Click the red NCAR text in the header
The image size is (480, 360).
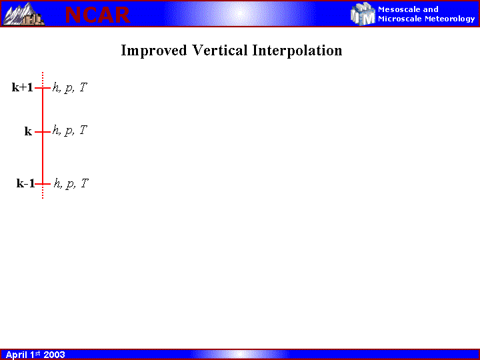[x=97, y=15]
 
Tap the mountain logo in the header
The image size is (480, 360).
[x=23, y=14]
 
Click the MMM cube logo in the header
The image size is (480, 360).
[x=363, y=14]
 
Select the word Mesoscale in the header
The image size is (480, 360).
[x=399, y=9]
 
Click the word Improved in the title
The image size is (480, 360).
[x=154, y=51]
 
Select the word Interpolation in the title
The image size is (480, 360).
[x=297, y=51]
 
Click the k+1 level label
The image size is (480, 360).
[x=23, y=87]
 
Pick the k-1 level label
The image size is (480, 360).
[x=26, y=183]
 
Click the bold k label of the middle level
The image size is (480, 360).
[x=28, y=131]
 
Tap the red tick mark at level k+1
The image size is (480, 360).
[x=43, y=88]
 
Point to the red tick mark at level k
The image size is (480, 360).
[x=43, y=132]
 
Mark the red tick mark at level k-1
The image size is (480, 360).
[x=43, y=184]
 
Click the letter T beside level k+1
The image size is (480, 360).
[x=83, y=87]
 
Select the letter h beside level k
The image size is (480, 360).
[x=55, y=131]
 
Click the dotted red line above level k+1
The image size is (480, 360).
[x=43, y=79]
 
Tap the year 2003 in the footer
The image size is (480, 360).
[x=54, y=355]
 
